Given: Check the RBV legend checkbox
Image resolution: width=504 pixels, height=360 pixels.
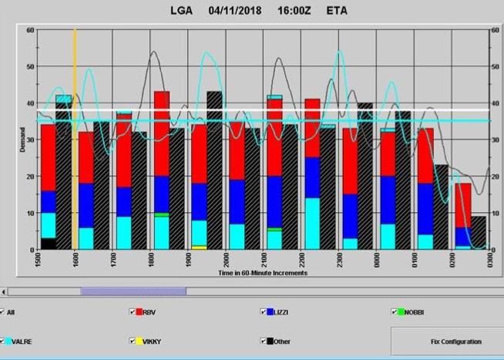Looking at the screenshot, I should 133,312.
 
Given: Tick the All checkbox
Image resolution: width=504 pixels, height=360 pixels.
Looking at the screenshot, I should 2,312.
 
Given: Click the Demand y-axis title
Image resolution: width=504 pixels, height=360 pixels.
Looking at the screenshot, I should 22,140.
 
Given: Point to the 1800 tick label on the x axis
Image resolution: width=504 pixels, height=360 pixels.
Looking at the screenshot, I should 150,260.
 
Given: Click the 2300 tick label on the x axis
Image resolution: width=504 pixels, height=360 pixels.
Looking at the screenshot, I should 339,260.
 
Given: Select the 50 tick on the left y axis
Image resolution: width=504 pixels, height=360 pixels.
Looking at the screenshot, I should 30,66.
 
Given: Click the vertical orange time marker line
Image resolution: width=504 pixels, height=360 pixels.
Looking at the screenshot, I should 75,154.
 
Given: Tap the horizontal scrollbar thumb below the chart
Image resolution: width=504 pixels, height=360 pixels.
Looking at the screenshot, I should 133,291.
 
